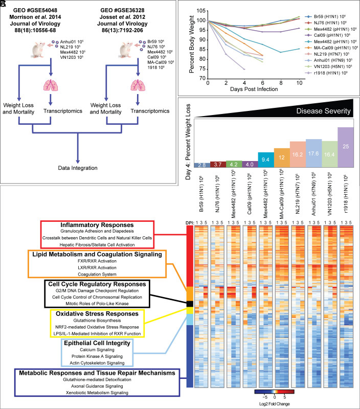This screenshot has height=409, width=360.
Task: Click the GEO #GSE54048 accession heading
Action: (34, 10)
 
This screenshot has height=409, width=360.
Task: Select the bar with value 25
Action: (346, 146)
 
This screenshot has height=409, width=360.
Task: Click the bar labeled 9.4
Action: (266, 159)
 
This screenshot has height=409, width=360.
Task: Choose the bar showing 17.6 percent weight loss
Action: (314, 152)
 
